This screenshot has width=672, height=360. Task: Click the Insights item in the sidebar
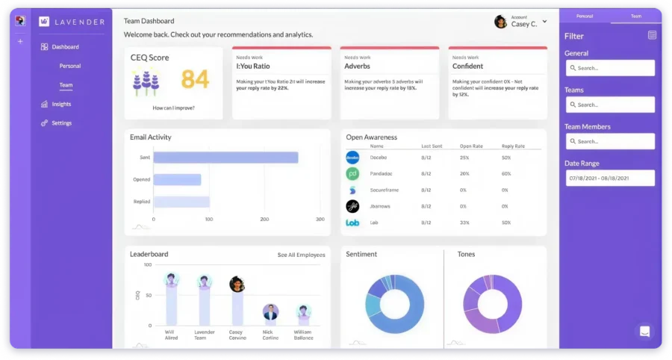point(61,104)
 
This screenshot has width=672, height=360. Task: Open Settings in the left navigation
point(61,123)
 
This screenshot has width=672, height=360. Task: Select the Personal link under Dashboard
point(70,66)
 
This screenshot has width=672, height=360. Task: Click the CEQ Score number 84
point(195,78)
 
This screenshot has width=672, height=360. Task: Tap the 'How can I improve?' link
point(173,108)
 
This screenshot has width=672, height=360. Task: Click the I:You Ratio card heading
point(253,66)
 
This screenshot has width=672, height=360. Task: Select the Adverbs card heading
point(357,66)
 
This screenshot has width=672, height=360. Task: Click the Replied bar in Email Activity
point(181,202)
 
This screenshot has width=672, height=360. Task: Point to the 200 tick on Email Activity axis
point(264,220)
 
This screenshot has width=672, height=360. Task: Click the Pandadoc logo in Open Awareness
point(352,173)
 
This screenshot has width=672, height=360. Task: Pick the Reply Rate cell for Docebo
point(506,158)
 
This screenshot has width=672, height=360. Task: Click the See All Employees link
point(301,255)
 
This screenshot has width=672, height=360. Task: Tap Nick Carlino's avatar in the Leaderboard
point(271,311)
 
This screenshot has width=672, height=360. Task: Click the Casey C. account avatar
point(500,22)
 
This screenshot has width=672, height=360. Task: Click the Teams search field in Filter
point(610,105)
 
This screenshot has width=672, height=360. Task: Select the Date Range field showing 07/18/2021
point(610,178)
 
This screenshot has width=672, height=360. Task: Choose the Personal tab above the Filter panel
point(585,15)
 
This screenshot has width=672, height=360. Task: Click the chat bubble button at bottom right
point(644,331)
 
